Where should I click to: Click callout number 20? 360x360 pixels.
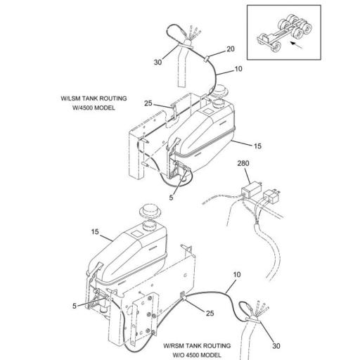(229, 50)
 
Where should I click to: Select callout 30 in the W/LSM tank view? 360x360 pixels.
(158, 63)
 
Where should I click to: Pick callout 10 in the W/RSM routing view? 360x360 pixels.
(237, 273)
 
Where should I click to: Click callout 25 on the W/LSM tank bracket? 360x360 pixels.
(148, 103)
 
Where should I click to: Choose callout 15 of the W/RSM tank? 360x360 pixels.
(94, 231)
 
